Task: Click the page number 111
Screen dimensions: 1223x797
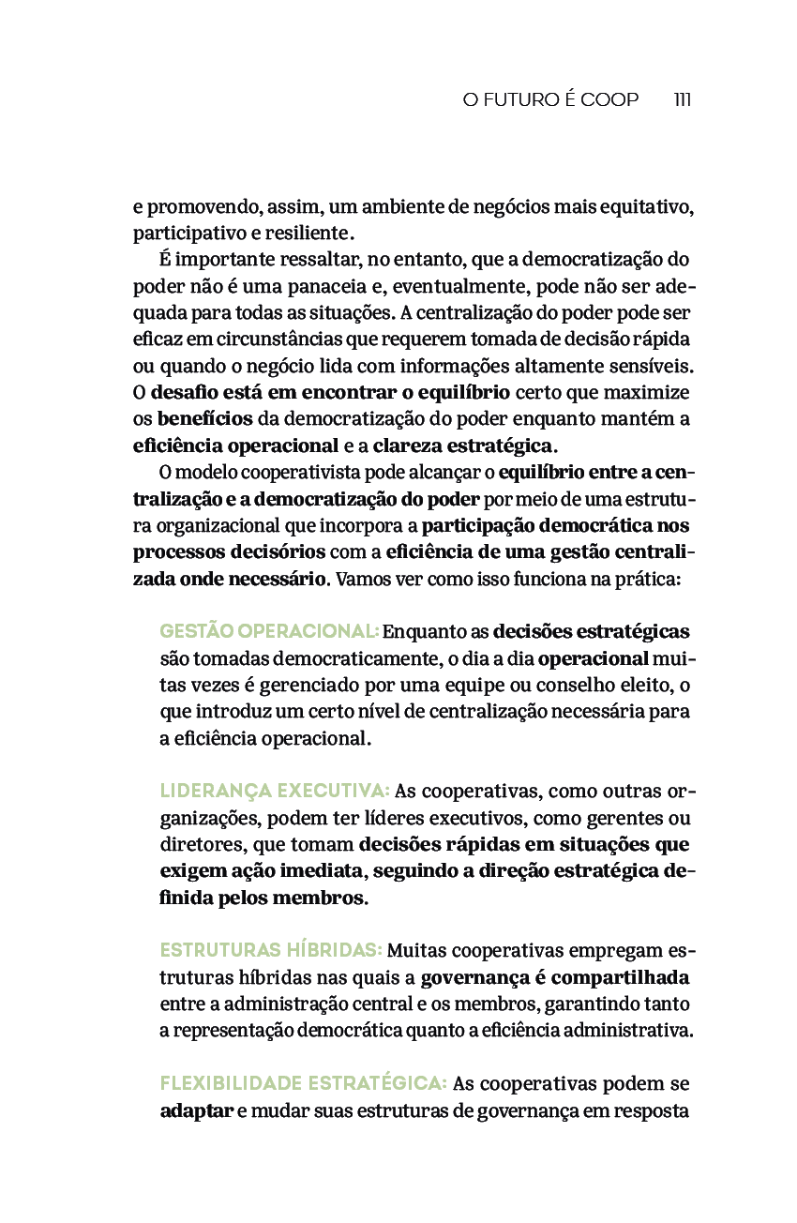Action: (682, 99)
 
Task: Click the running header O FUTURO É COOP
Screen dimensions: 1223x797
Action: (550, 99)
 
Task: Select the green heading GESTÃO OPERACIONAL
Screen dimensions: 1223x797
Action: (269, 631)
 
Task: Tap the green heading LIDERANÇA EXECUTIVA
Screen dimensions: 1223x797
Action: (275, 791)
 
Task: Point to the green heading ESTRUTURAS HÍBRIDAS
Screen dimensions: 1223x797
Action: (271, 951)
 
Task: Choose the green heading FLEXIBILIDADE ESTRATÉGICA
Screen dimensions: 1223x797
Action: (303, 1084)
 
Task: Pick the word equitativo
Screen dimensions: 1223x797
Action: (645, 206)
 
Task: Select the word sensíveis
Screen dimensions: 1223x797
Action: (654, 365)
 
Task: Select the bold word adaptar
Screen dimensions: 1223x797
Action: (196, 1111)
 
